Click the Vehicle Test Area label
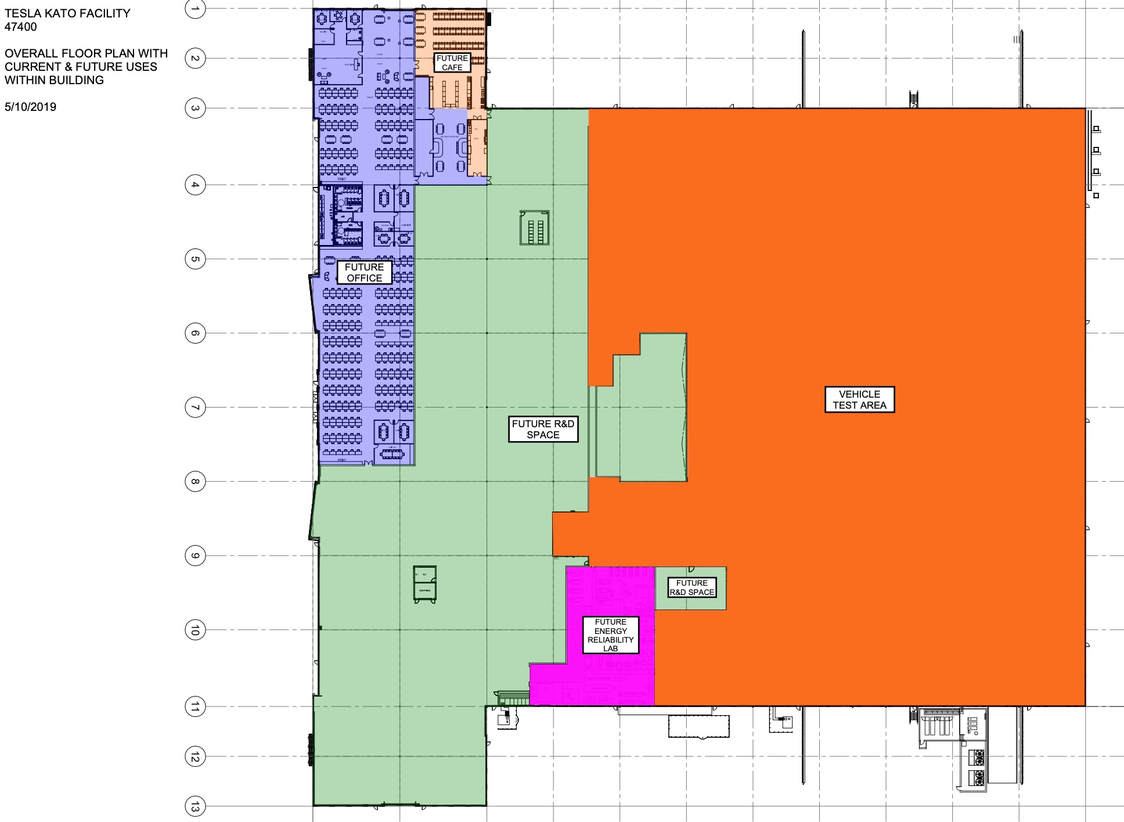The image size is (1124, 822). pyautogui.click(x=859, y=399)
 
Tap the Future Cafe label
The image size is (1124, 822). pyautogui.click(x=452, y=63)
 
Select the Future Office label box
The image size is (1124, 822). pyautogui.click(x=364, y=272)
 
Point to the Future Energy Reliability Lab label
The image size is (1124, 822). pyautogui.click(x=610, y=634)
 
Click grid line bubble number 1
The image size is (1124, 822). pyautogui.click(x=195, y=8)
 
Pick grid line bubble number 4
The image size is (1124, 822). pyautogui.click(x=195, y=185)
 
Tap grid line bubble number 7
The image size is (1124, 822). pyautogui.click(x=195, y=408)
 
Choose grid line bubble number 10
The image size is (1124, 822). pyautogui.click(x=195, y=630)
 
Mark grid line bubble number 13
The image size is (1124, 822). pyautogui.click(x=195, y=806)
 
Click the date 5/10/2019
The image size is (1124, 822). pyautogui.click(x=30, y=107)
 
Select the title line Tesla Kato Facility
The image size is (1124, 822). pyautogui.click(x=67, y=13)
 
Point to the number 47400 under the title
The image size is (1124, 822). pyautogui.click(x=20, y=27)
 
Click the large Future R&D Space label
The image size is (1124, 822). pyautogui.click(x=543, y=429)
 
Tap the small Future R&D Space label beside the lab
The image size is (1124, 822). pyautogui.click(x=691, y=587)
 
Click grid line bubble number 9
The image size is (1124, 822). pyautogui.click(x=195, y=556)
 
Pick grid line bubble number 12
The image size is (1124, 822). pyautogui.click(x=195, y=756)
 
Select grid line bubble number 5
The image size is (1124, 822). pyautogui.click(x=195, y=259)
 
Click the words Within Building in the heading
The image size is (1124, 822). pyautogui.click(x=54, y=80)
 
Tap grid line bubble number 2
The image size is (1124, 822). pyautogui.click(x=195, y=58)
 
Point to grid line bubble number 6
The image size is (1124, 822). pyautogui.click(x=195, y=333)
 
